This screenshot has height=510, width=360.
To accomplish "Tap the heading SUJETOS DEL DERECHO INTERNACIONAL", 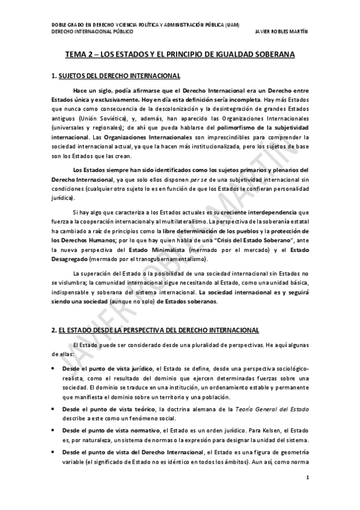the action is pos(118,76).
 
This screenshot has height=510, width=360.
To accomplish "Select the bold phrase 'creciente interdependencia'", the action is pos(259,213).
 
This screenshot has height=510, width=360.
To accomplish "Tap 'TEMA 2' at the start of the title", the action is pos(80,55).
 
